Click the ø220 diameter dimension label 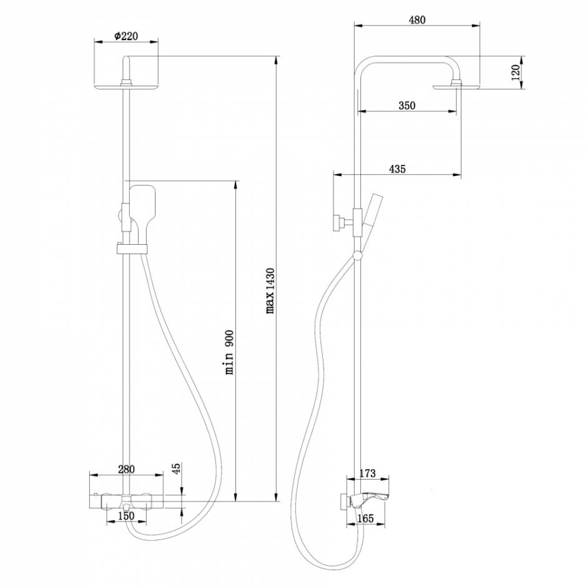coord(126,36)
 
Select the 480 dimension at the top coord(417,20)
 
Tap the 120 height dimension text coord(515,72)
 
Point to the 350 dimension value coord(407,106)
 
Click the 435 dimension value coord(397,169)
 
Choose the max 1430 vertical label coord(270,290)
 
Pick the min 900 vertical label coord(230,352)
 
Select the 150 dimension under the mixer coord(126,516)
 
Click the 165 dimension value coord(366,517)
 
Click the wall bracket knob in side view coord(338,222)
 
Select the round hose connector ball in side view coord(357,255)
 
